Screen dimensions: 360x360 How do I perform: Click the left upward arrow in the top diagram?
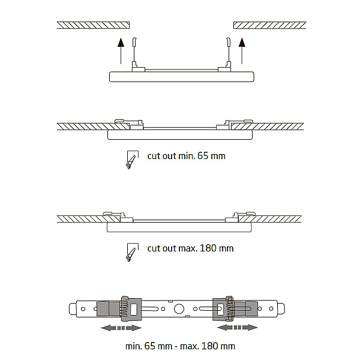click(121, 51)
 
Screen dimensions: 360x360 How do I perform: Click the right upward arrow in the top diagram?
click(242, 51)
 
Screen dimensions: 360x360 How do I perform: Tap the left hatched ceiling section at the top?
click(93, 25)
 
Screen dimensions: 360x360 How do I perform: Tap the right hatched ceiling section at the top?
click(270, 25)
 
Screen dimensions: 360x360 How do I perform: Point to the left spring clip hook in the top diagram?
click(134, 41)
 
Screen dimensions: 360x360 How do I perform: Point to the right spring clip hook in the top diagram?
click(228, 41)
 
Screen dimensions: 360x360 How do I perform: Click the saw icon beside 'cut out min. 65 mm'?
click(132, 160)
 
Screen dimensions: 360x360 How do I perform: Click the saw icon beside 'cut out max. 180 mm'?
click(132, 252)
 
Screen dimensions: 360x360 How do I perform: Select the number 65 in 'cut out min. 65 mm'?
click(203, 156)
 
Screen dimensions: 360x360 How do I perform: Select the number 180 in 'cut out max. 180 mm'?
click(208, 248)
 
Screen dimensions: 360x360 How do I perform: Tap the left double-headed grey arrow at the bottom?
click(121, 328)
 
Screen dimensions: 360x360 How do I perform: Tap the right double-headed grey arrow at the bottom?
click(238, 328)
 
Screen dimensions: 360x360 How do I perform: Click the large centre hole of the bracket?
click(179, 309)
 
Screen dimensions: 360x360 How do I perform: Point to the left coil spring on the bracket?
click(124, 309)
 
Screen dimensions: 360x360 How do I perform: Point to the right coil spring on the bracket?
click(230, 309)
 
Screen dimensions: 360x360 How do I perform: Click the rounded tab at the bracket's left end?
click(73, 309)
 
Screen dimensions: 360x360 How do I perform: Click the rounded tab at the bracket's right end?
click(281, 309)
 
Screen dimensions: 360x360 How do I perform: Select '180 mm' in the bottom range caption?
click(218, 346)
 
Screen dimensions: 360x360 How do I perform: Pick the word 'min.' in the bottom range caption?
click(134, 346)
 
